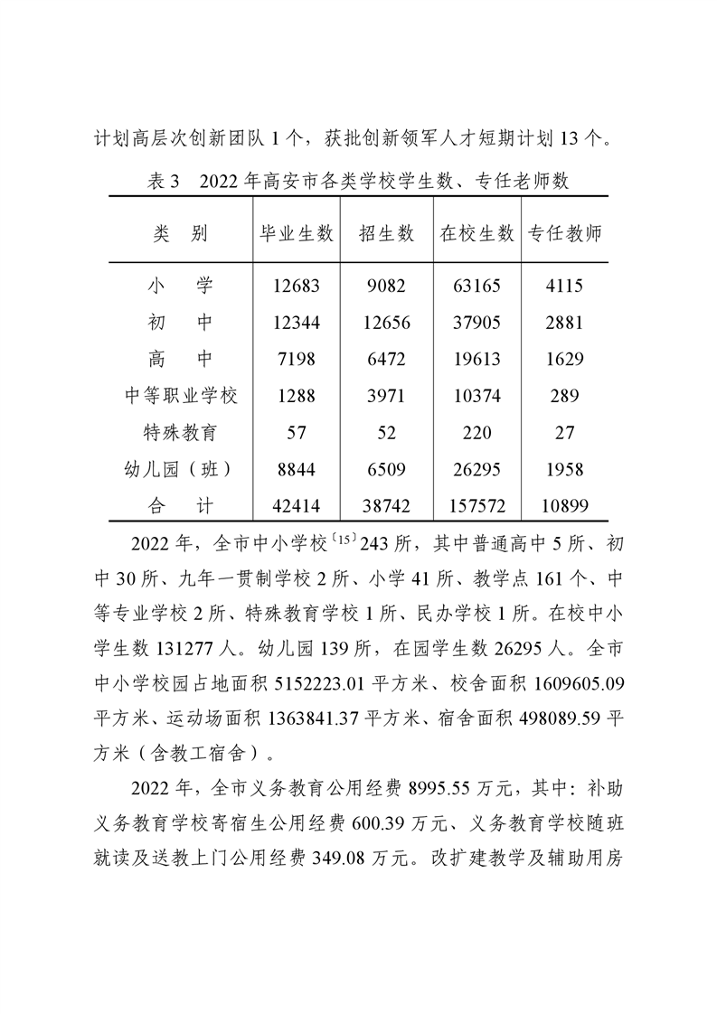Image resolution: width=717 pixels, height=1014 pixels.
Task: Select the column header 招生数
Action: pyautogui.click(x=386, y=233)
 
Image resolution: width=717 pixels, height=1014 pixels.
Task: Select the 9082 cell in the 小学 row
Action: pyautogui.click(x=386, y=286)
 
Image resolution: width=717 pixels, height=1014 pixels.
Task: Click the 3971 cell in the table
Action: pyautogui.click(x=386, y=396)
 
